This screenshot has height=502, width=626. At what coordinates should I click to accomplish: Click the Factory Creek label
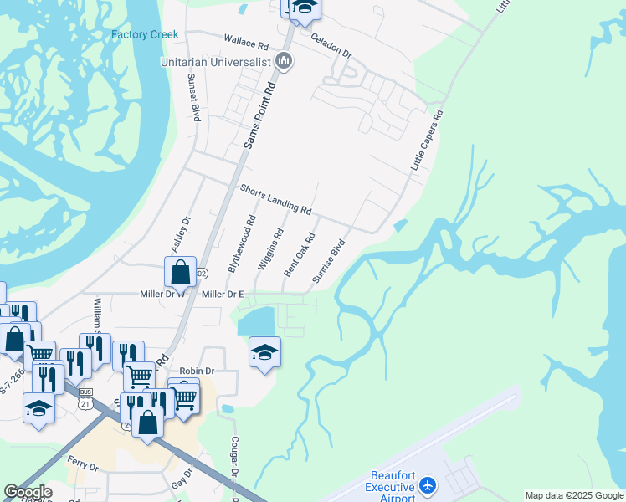pos(146,34)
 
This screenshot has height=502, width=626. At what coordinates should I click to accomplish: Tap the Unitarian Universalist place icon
pos(284,60)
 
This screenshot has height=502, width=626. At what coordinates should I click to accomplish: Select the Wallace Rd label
pos(245,41)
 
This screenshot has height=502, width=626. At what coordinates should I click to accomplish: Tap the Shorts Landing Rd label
pos(275,198)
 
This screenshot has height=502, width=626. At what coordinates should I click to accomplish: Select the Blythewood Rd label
pos(240,244)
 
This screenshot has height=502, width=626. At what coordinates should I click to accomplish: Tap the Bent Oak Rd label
pos(299,254)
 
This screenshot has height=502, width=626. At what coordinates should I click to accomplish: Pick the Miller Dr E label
pos(223,295)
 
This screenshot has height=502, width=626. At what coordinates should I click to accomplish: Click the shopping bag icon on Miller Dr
pos(180,272)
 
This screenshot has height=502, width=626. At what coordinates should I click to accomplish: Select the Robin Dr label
pos(198,371)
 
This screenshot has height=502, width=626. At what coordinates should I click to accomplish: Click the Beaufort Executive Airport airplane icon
pos(428,485)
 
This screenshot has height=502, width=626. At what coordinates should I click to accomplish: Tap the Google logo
pos(28,492)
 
